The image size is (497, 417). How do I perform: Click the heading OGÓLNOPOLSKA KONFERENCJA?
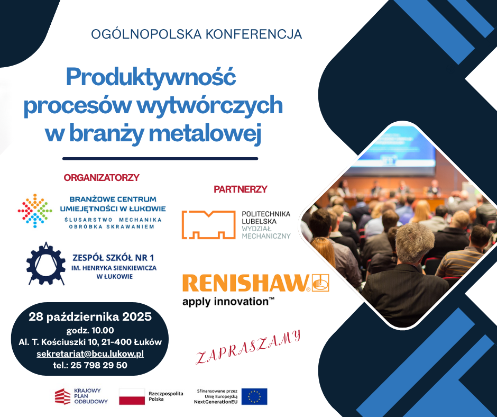click(x=196, y=34)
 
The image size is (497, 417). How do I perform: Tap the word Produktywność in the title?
click(x=151, y=77)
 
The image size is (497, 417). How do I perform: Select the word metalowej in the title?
click(x=205, y=133)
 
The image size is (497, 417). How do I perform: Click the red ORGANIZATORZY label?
click(x=102, y=177)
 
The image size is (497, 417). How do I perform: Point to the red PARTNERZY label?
click(x=241, y=189)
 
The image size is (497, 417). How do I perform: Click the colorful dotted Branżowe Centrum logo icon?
click(x=35, y=211)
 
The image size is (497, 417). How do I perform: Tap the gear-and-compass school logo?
click(x=45, y=264)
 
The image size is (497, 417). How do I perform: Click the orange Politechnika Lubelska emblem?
click(x=208, y=225)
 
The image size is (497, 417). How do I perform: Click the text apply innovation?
click(x=228, y=301)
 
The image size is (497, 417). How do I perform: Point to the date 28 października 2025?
click(x=90, y=316)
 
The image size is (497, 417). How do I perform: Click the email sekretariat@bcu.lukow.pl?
click(x=90, y=353)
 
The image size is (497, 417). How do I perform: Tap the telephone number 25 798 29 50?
click(x=99, y=365)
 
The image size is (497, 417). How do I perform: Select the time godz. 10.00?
click(x=90, y=330)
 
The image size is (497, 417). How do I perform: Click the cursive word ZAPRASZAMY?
click(x=248, y=347)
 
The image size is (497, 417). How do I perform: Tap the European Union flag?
click(x=254, y=396)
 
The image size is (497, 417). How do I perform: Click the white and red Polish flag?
click(x=132, y=396)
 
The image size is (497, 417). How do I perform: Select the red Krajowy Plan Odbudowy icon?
click(x=63, y=396)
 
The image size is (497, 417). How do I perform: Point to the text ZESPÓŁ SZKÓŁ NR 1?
click(x=114, y=257)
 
